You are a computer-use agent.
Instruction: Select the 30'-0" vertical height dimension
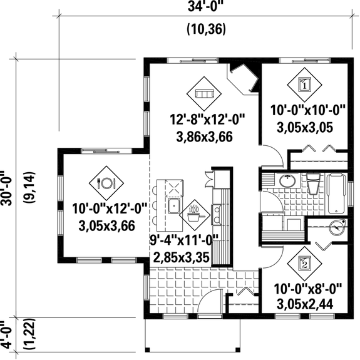coord(9,187)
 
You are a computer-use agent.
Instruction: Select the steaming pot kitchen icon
coord(194,213)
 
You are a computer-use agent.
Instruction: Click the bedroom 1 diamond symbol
coord(304,85)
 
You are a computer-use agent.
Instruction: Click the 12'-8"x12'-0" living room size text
coord(207,117)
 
